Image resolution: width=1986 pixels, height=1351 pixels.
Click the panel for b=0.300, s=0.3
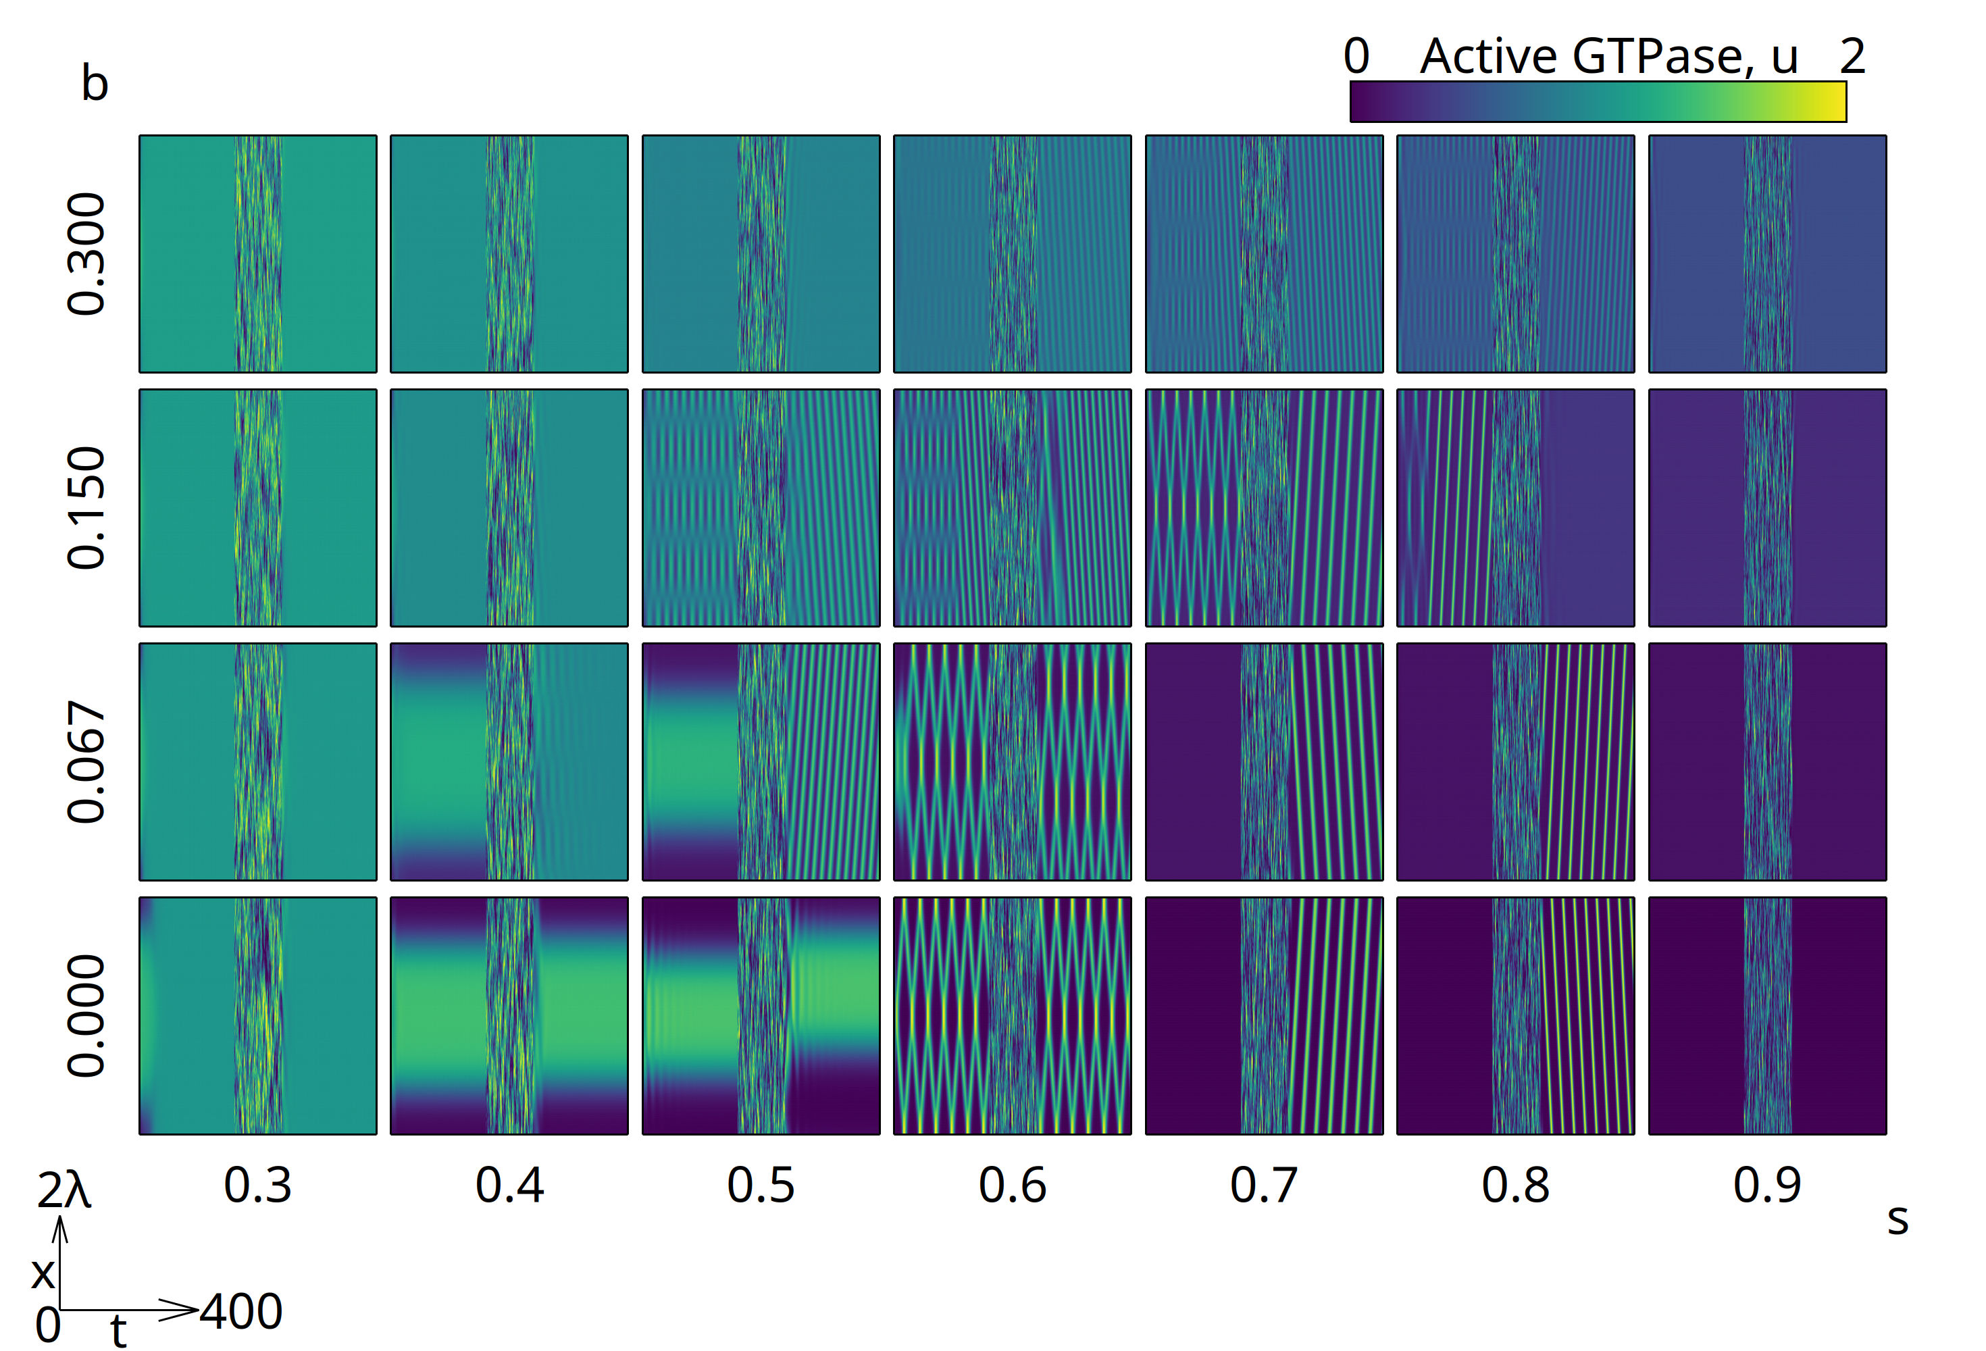(257, 254)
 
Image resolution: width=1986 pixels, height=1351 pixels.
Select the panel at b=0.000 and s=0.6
(1012, 1015)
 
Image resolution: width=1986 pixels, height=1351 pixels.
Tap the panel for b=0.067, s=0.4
(509, 761)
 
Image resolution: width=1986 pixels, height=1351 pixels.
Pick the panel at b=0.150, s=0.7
(1264, 507)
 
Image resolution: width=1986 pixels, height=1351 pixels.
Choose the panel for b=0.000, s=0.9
(1766, 1015)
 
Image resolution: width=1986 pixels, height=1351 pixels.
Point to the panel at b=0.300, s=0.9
(1766, 254)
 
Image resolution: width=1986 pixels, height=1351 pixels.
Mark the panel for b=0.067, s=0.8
(1515, 761)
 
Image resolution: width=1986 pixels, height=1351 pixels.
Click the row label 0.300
(86, 254)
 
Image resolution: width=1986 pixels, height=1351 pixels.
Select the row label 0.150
(86, 507)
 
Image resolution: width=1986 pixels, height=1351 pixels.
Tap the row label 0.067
(86, 761)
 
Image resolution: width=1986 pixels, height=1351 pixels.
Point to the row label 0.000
(86, 1015)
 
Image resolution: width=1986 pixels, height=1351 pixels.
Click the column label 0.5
(761, 1186)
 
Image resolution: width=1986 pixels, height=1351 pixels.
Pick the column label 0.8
(1515, 1186)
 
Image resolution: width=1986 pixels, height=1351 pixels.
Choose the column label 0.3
(257, 1186)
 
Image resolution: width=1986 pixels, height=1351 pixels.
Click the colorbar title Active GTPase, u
(1608, 57)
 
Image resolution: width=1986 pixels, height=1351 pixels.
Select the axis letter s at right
(1897, 1219)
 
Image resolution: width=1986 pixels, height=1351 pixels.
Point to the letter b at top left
(94, 84)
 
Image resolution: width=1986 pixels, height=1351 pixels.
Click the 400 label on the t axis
(241, 1312)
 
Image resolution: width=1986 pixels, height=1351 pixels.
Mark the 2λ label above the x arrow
(63, 1190)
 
